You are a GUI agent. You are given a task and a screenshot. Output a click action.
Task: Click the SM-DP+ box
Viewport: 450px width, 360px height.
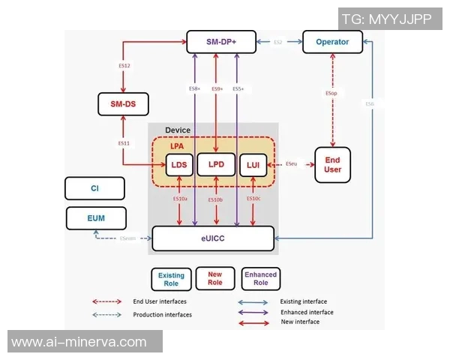coord(221,42)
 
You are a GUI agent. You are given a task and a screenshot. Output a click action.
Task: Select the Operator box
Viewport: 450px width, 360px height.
coord(332,42)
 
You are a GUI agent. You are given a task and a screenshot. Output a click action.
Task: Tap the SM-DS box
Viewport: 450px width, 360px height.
coord(124,103)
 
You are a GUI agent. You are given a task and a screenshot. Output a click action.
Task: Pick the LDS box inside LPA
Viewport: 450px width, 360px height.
coord(178,164)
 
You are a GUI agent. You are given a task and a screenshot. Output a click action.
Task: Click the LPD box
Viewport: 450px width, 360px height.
coord(217,164)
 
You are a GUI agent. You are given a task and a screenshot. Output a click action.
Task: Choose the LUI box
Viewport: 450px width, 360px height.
coord(253,164)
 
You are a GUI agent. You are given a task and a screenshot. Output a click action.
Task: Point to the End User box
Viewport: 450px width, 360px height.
coord(333,164)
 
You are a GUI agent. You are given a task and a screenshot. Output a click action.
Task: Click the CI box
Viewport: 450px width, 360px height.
coord(95,188)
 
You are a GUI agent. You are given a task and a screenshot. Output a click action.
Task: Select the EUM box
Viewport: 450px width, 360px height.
coord(96,218)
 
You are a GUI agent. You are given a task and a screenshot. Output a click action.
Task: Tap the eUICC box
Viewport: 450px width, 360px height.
coord(212,238)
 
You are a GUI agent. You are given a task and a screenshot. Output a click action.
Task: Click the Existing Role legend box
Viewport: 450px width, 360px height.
coord(171,280)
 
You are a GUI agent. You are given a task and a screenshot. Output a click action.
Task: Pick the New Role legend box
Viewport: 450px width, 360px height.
coord(214,278)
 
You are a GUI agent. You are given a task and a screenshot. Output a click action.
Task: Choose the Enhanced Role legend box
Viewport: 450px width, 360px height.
coord(260,278)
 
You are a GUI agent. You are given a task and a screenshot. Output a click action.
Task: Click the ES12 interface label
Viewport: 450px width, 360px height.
coord(124,67)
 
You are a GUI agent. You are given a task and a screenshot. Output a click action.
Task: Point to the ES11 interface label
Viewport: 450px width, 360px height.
coord(124,142)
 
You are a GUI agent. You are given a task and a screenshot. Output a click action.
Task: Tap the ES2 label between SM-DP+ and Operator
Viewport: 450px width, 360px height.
coord(277,43)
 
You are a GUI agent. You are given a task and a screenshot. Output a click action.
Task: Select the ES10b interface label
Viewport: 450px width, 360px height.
coord(215,199)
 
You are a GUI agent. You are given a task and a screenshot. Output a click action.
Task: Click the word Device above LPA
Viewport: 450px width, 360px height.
coord(177,130)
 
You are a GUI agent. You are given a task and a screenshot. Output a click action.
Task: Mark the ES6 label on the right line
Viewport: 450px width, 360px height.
coord(369,103)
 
